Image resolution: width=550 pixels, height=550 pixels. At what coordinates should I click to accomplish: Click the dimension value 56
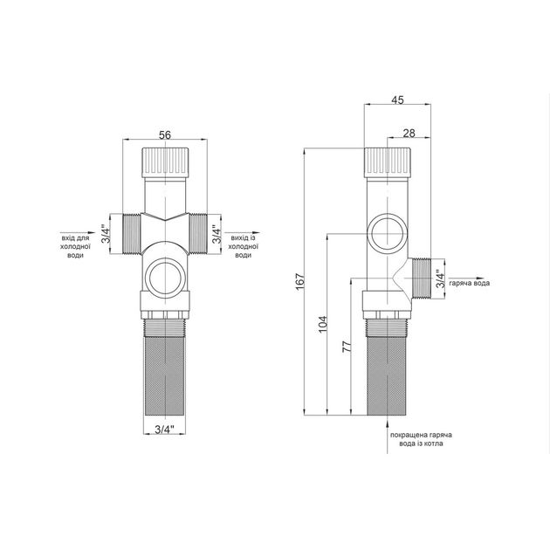click(165, 134)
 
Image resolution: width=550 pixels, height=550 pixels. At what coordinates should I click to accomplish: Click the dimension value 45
click(397, 100)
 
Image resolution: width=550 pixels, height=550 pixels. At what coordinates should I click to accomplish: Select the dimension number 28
click(409, 133)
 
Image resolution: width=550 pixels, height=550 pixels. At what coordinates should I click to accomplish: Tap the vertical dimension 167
click(300, 281)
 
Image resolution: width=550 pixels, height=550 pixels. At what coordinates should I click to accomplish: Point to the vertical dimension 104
click(323, 325)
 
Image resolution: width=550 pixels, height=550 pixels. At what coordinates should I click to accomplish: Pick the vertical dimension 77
click(347, 347)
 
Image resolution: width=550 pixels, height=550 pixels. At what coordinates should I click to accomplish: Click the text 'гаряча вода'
click(470, 283)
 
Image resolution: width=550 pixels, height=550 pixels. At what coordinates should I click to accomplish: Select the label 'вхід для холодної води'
click(75, 246)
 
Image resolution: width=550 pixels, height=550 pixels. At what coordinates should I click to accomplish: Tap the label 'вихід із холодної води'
click(243, 246)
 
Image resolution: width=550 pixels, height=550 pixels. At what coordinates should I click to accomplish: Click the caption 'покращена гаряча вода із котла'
click(422, 439)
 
